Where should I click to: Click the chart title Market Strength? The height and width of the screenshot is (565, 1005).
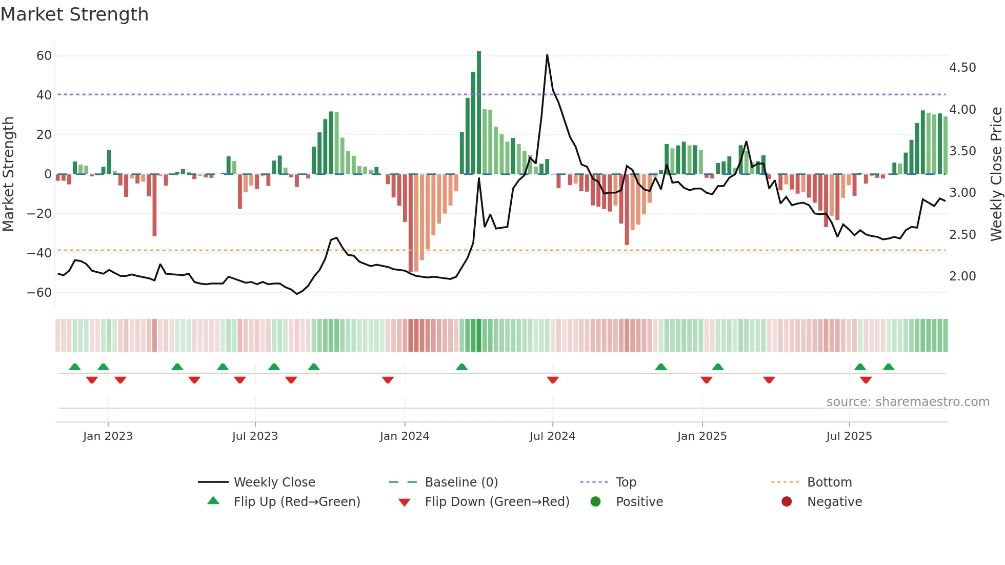click(x=74, y=14)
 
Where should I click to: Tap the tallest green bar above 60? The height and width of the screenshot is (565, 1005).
click(x=479, y=113)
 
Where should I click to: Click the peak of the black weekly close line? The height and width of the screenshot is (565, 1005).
click(x=547, y=55)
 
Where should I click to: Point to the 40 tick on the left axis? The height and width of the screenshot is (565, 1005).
click(x=44, y=95)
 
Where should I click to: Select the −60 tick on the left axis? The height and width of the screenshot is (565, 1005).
click(x=40, y=292)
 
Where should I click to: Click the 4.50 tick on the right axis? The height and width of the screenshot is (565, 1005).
click(x=962, y=67)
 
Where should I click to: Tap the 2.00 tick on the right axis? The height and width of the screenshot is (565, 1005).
click(x=962, y=276)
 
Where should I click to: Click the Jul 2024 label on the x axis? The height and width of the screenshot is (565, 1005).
click(x=552, y=436)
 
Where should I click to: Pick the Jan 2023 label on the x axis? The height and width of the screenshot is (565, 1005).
click(x=108, y=436)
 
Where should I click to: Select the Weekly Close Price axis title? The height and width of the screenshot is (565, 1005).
click(x=996, y=174)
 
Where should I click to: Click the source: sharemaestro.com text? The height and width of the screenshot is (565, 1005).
click(x=908, y=401)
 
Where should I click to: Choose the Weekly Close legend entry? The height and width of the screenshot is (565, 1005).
click(x=274, y=482)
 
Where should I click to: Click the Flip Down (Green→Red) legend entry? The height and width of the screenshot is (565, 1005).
click(x=496, y=501)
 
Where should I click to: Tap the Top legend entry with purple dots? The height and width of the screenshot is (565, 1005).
click(x=626, y=482)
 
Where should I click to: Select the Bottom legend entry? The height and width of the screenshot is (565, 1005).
click(x=829, y=482)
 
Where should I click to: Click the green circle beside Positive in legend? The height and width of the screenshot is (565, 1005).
click(x=595, y=501)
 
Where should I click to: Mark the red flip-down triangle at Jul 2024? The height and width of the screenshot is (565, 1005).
click(x=552, y=380)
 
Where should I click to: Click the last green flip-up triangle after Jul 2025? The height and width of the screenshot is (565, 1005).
click(x=889, y=367)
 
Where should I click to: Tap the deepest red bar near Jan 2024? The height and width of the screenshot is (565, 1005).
click(x=411, y=223)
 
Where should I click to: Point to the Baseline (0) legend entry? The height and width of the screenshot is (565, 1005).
click(x=461, y=482)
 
